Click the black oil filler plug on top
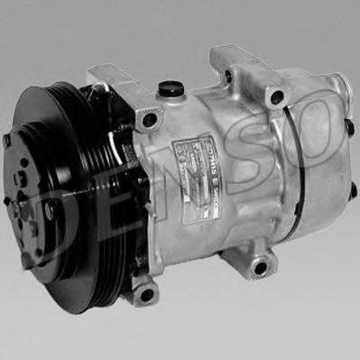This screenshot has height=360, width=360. point(167,89)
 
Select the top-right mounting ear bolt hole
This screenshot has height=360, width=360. point(276,96)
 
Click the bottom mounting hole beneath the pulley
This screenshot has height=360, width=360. point(143,292)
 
